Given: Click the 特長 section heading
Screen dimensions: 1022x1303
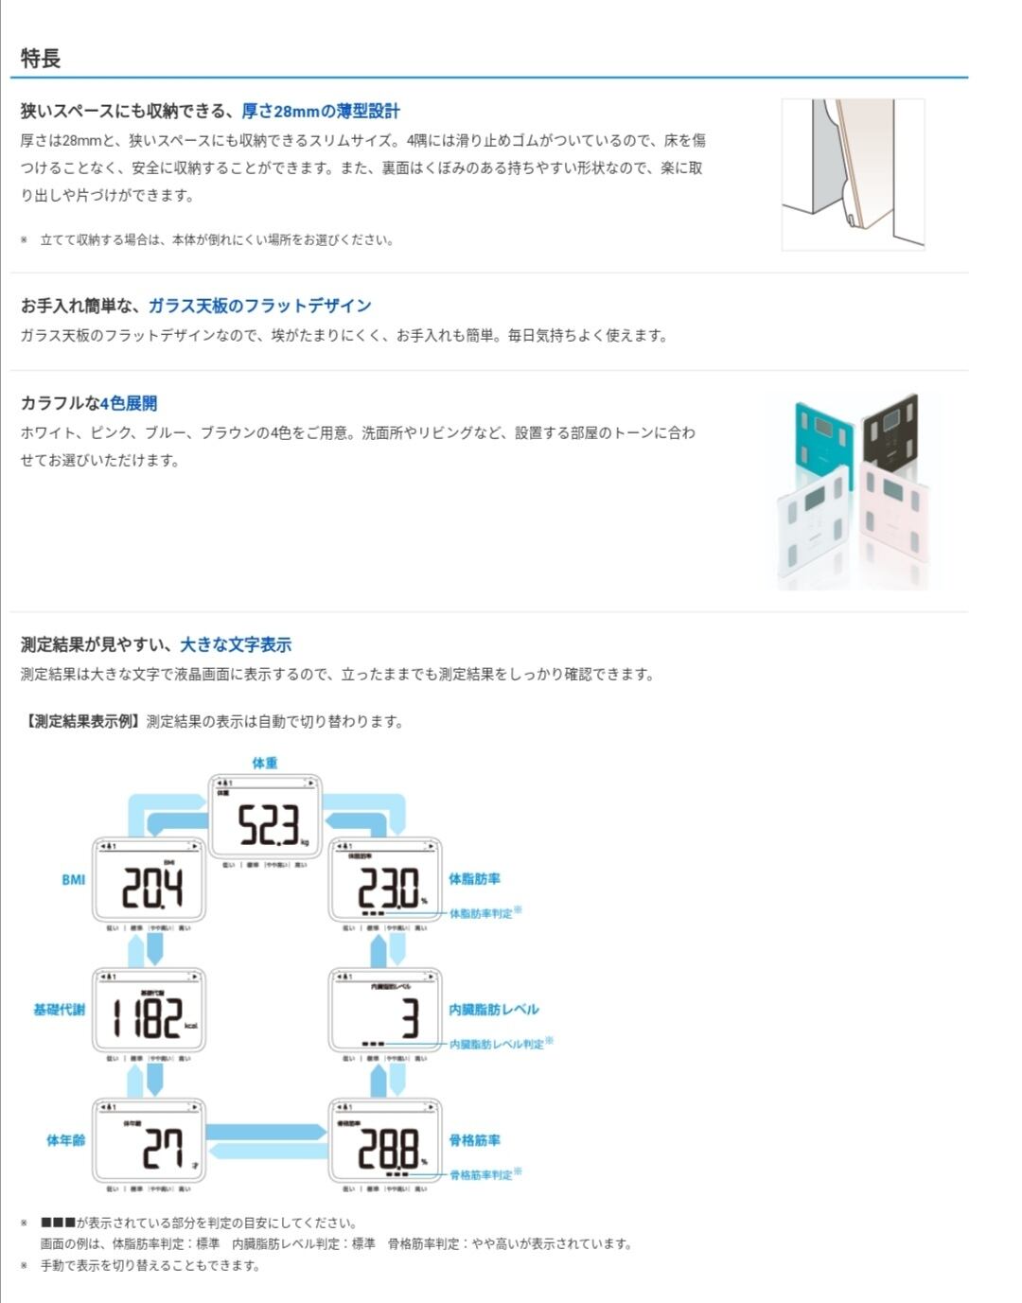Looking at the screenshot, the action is pyautogui.click(x=41, y=59).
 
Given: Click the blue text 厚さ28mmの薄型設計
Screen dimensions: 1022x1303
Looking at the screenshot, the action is pyautogui.click(x=320, y=112).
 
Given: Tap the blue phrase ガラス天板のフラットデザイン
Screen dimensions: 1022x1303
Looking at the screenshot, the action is pyautogui.click(x=259, y=306).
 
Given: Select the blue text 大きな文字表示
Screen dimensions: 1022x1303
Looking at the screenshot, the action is pyautogui.click(x=236, y=645).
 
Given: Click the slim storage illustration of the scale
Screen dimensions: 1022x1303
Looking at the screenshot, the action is pyautogui.click(x=853, y=175).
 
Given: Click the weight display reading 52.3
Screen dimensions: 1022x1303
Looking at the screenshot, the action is pyautogui.click(x=265, y=819).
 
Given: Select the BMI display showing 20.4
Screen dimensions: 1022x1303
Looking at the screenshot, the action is pyautogui.click(x=149, y=882).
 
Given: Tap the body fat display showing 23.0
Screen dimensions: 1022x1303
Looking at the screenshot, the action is pyautogui.click(x=385, y=882).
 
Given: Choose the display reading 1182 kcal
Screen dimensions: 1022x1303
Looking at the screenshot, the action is pyautogui.click(x=149, y=1012).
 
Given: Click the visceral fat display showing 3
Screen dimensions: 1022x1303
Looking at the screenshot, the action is pyautogui.click(x=385, y=1012).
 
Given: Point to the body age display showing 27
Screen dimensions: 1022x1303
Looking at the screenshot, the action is pyautogui.click(x=149, y=1142).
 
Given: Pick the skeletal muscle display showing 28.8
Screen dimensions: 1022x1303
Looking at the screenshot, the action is pyautogui.click(x=385, y=1142).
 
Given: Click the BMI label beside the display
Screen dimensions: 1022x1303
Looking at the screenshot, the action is pyautogui.click(x=73, y=880).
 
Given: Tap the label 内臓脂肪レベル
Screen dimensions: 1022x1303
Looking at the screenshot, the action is pyautogui.click(x=493, y=1010).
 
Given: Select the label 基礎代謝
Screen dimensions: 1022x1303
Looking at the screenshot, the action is pyautogui.click(x=59, y=1010).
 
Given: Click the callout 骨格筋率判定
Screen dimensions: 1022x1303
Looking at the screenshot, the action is pyautogui.click(x=481, y=1175).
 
